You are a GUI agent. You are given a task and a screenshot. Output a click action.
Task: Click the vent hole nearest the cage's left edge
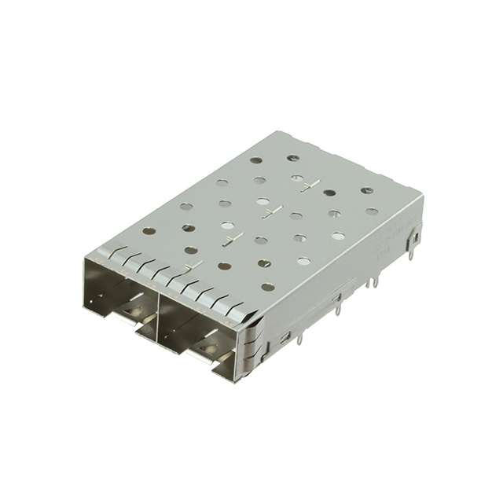[149, 231]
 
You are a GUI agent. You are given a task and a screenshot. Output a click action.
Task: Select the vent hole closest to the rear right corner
[367, 190]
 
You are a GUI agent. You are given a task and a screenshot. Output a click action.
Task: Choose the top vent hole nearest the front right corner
[268, 287]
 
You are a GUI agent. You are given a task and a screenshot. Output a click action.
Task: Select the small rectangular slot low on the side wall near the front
[285, 337]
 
